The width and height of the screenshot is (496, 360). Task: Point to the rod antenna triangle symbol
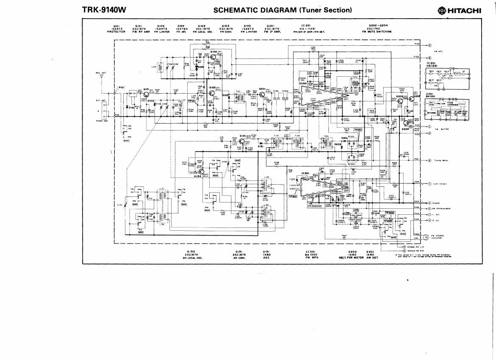[102, 77]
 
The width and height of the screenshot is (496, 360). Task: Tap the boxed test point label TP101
[191, 101]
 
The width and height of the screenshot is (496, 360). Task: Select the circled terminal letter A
[429, 45]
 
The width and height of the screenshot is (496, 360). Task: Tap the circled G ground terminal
[429, 203]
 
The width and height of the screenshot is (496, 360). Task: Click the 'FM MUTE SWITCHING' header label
[377, 31]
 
